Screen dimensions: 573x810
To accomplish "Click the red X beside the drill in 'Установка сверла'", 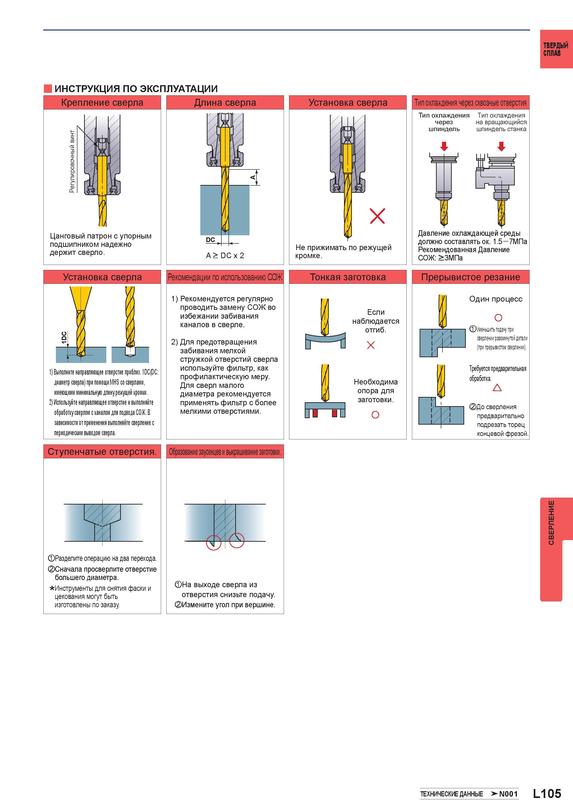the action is [x=377, y=216].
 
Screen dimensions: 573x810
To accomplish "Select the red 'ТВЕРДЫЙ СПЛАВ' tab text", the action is [x=555, y=49].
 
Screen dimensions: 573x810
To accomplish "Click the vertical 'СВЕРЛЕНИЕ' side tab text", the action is [x=551, y=523].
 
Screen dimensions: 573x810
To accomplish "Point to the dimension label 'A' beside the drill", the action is [x=253, y=177].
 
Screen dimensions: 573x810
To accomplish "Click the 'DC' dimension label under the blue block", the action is [x=210, y=240].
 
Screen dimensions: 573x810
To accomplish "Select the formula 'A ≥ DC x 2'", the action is [x=225, y=255].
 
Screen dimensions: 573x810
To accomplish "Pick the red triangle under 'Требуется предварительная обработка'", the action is [x=497, y=388].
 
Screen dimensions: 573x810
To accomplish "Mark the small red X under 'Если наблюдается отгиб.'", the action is [x=371, y=345].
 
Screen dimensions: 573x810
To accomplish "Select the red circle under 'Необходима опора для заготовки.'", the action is [x=375, y=415].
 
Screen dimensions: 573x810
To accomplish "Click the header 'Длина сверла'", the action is [x=225, y=103].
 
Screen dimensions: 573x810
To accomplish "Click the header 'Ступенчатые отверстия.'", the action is [x=102, y=452].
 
